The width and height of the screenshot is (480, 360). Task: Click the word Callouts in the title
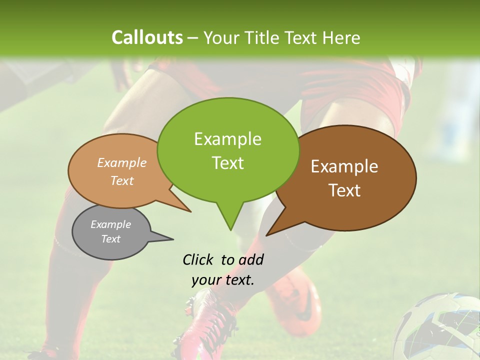click(147, 37)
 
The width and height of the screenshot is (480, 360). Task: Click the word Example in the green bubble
click(227, 139)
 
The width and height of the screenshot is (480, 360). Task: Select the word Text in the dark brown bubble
click(344, 190)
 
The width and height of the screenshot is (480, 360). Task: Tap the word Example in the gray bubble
click(110, 224)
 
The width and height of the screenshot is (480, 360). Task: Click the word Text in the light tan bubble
click(122, 181)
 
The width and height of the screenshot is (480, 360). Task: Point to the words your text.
click(223, 280)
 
